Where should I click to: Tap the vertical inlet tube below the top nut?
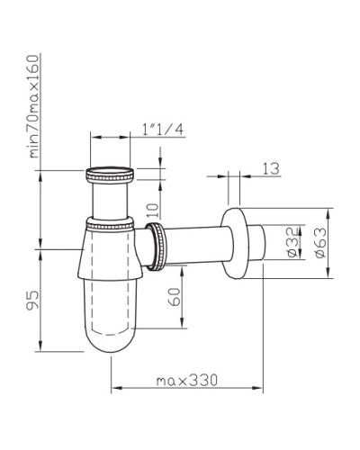(x=112, y=198)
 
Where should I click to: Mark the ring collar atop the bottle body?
(x=112, y=223)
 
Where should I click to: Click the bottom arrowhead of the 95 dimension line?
(x=43, y=348)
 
